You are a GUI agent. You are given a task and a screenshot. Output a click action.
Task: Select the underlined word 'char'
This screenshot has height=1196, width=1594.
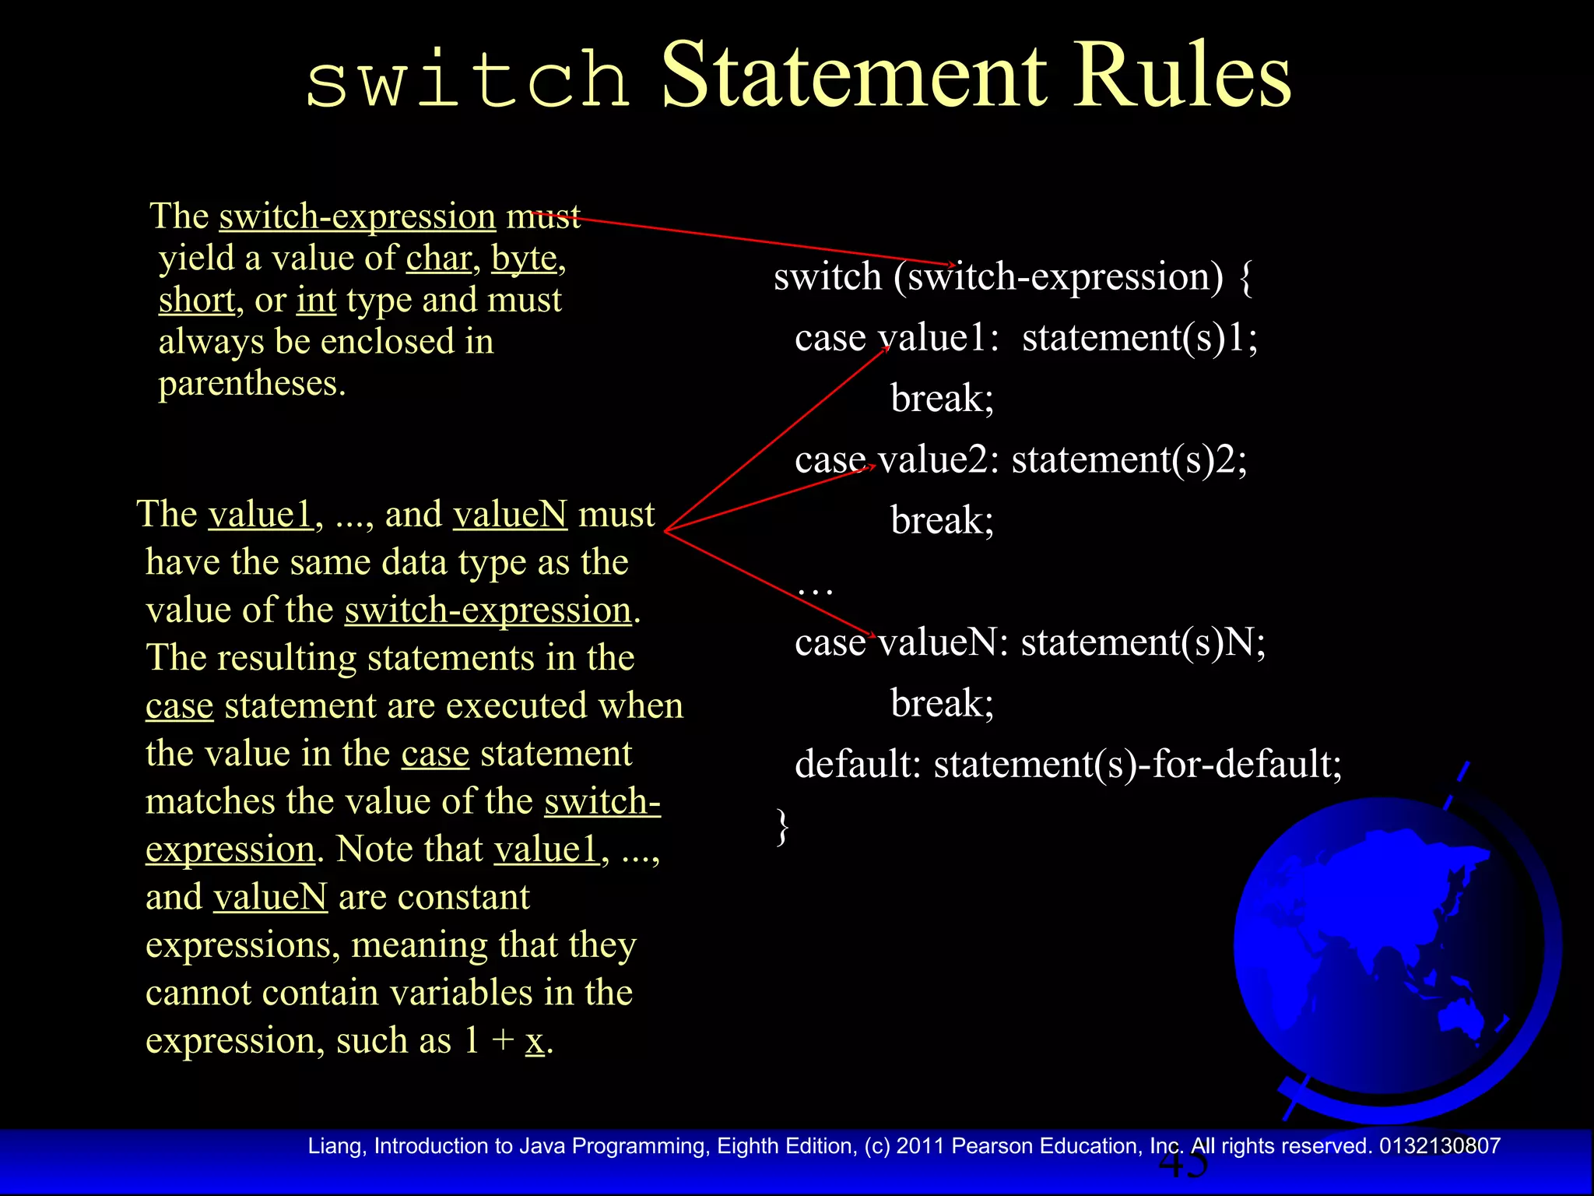[439, 258]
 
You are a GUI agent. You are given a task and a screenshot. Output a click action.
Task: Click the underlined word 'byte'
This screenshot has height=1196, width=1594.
[524, 258]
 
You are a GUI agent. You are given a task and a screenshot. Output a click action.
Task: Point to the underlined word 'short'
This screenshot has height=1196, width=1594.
[196, 300]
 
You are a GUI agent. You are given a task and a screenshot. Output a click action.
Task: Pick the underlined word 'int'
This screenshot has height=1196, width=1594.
[316, 300]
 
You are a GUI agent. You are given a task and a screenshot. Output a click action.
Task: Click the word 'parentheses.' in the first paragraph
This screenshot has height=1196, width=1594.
[252, 383]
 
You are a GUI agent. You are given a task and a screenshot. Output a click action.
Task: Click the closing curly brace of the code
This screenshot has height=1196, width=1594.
[782, 826]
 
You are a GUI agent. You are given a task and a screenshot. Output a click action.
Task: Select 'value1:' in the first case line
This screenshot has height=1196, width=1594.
[938, 338]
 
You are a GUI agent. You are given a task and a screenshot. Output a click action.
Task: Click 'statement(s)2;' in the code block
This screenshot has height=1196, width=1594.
[1129, 459]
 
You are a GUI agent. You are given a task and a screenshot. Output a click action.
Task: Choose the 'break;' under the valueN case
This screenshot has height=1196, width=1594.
[942, 703]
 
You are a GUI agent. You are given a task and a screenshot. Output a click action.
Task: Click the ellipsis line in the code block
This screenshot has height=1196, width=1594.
[815, 586]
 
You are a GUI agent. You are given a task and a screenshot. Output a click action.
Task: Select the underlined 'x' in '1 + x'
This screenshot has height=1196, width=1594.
[534, 1041]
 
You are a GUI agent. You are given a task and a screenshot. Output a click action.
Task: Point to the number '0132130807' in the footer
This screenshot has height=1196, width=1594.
[1439, 1146]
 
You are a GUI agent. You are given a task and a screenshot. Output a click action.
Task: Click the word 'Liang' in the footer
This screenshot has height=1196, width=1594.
[335, 1146]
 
